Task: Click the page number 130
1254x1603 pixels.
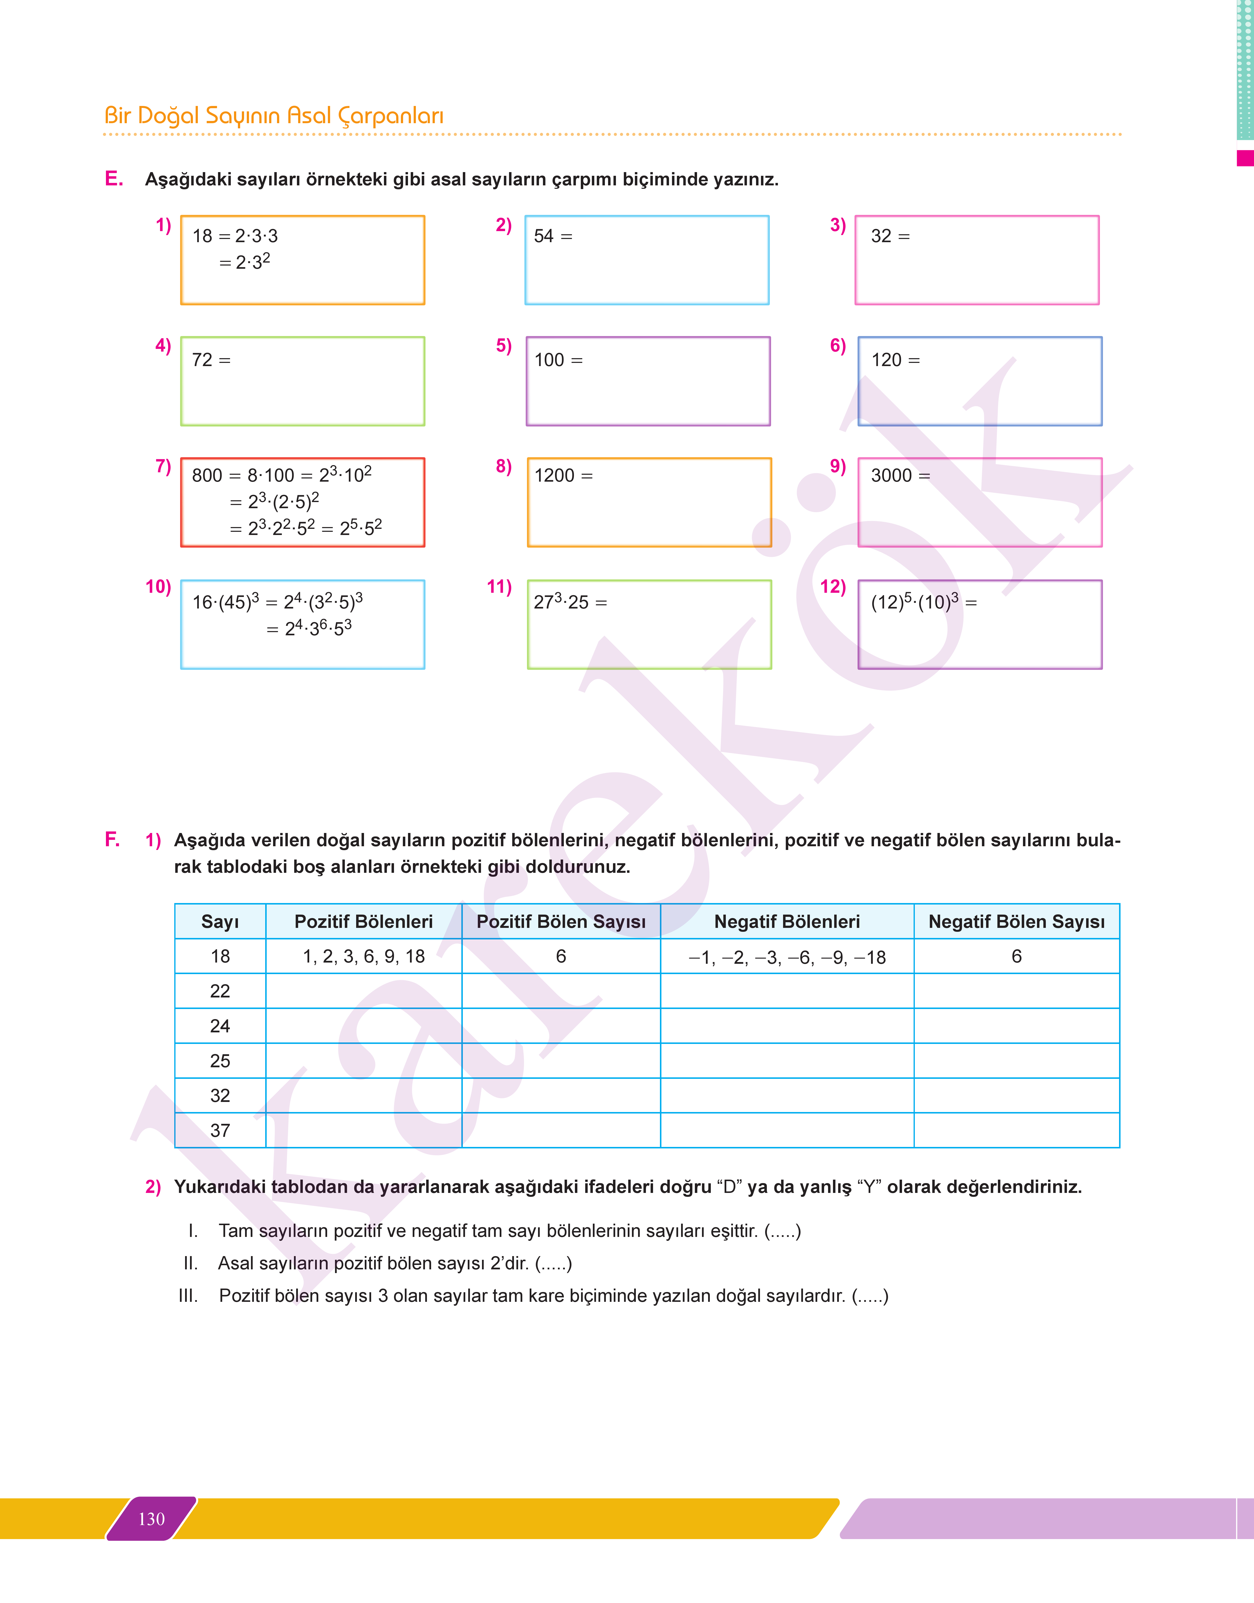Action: [x=151, y=1519]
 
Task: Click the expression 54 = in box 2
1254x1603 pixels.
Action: [x=553, y=236]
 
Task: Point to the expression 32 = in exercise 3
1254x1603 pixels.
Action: [x=890, y=236]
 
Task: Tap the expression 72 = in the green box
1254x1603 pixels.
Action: [x=211, y=360]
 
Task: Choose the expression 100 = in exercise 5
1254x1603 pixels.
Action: [x=558, y=360]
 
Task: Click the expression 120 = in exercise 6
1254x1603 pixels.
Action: [x=895, y=360]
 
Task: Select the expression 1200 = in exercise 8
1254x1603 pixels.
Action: [x=563, y=475]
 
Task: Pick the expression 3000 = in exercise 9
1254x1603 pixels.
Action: [x=900, y=475]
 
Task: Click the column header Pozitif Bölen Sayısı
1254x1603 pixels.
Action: [x=561, y=921]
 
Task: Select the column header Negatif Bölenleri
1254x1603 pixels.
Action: [x=787, y=921]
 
